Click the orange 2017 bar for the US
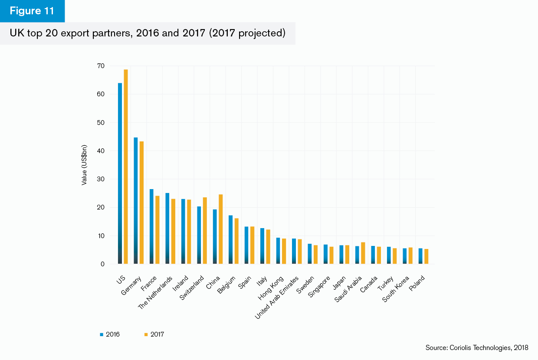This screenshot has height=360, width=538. tap(126, 167)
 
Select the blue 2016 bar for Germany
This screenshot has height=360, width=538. tap(136, 201)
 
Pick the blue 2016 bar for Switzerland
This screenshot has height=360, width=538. tap(199, 235)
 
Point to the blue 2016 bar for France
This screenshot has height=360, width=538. tap(151, 226)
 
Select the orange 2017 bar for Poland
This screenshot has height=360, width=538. tap(426, 256)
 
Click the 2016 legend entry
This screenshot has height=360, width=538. tap(110, 334)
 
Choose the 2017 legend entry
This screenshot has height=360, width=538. tap(154, 334)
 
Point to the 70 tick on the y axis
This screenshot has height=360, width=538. tap(101, 66)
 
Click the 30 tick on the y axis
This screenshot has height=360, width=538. tap(101, 179)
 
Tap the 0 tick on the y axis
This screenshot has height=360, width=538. tap(102, 264)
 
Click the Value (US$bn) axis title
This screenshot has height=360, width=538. tap(85, 165)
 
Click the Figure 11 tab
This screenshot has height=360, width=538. tap(32, 11)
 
